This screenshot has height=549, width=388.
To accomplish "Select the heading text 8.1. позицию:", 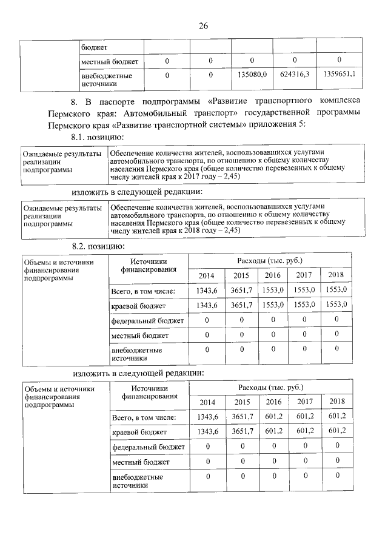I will (99, 138).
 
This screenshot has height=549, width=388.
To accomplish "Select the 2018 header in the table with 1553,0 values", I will (335, 275).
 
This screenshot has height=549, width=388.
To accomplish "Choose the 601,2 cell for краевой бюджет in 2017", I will (304, 430).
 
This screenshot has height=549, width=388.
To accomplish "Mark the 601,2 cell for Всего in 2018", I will (336, 416).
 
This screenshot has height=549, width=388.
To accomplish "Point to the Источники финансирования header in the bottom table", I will (149, 392).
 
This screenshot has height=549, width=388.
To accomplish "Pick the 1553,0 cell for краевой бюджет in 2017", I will (304, 305).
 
